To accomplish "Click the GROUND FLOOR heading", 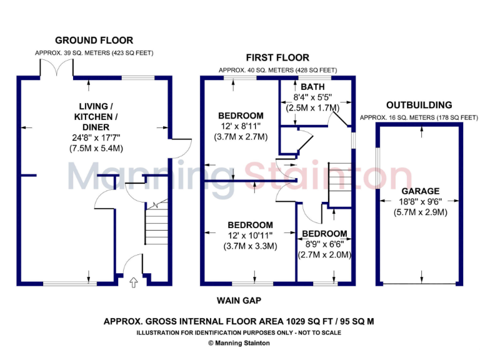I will click(x=94, y=41).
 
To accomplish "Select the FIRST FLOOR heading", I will click(x=277, y=58).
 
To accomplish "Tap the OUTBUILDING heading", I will click(x=419, y=105).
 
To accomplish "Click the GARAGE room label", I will click(x=421, y=191).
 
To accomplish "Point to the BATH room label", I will click(x=312, y=86).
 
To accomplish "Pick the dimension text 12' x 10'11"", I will click(x=249, y=236).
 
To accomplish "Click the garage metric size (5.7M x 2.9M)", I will click(x=421, y=212).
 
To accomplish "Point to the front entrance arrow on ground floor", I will click(x=132, y=283).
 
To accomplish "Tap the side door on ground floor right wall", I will click(x=179, y=147).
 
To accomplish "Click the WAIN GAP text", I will click(x=239, y=300).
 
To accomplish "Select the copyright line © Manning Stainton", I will click(x=239, y=343).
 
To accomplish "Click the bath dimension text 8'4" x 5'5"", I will click(x=312, y=97).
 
